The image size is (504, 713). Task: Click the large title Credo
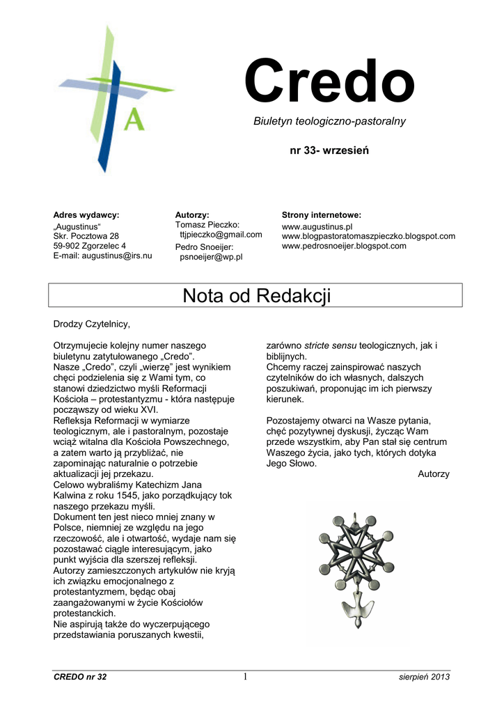[x=329, y=83]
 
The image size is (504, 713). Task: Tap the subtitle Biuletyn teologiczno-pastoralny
[x=329, y=121]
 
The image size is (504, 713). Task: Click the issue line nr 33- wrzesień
[x=329, y=150]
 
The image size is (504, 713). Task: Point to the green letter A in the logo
[x=134, y=119]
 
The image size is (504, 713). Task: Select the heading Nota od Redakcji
[x=256, y=295]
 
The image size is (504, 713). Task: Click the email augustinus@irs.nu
[x=117, y=256]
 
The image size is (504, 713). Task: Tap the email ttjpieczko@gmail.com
[x=221, y=235]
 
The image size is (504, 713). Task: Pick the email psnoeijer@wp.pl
[x=211, y=257]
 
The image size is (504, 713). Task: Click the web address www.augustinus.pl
[x=317, y=226]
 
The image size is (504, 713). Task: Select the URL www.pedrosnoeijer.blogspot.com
[x=344, y=246]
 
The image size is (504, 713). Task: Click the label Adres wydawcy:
[x=86, y=214]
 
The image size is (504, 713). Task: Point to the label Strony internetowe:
[x=321, y=214]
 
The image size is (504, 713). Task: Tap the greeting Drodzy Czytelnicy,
[x=92, y=324]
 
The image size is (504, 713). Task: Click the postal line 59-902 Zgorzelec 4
[x=90, y=246]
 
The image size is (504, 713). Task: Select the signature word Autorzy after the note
[x=433, y=474]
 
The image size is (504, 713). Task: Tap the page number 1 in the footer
[x=245, y=677]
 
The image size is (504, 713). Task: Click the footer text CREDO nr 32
[x=80, y=677]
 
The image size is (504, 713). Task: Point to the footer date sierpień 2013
[x=425, y=677]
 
